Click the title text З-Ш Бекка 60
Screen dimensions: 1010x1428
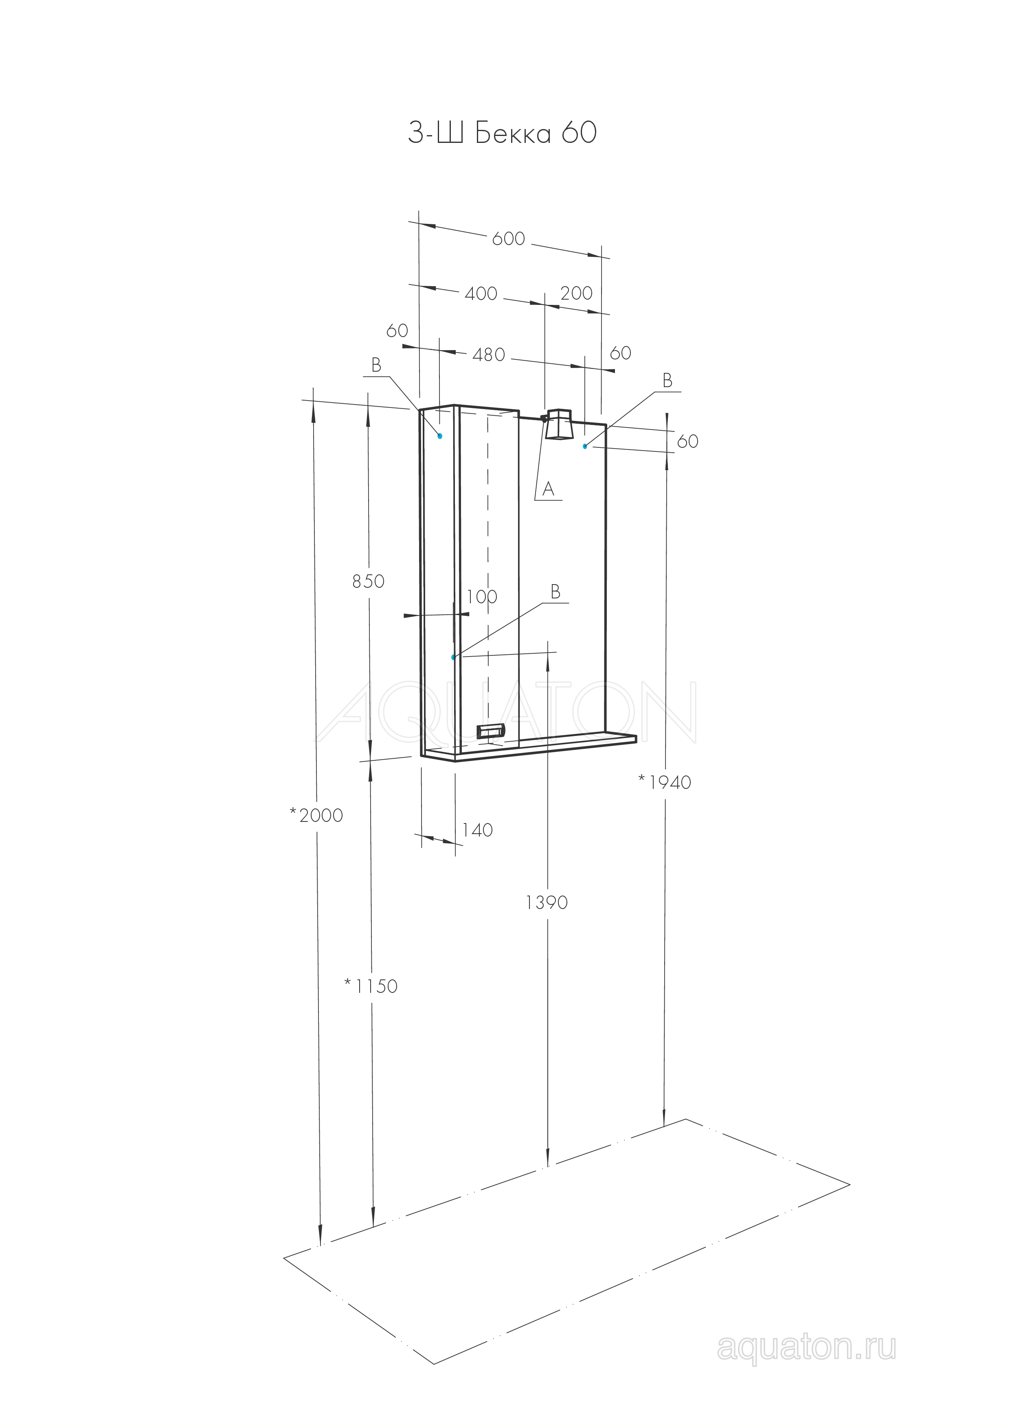[x=502, y=133]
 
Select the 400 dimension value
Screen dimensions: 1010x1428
[x=481, y=293]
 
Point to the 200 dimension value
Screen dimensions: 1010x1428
[x=576, y=293]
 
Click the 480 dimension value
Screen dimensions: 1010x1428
[x=489, y=355]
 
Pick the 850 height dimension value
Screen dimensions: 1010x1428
[x=369, y=582]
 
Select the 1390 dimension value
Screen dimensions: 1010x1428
[x=547, y=902]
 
